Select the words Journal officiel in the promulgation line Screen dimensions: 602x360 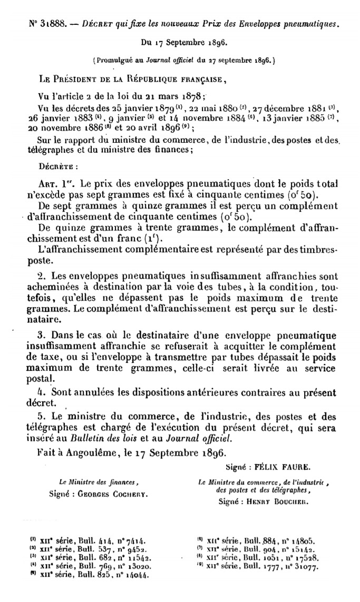point(167,61)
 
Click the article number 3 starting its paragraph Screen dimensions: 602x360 point(40,334)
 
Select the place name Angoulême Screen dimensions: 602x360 point(89,452)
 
